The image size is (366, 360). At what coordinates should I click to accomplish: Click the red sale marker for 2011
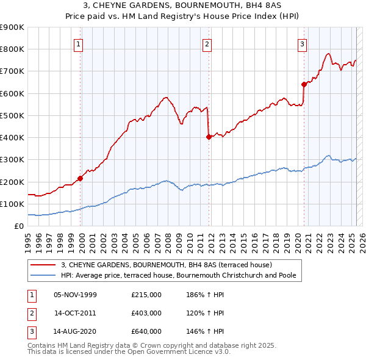(x=209, y=137)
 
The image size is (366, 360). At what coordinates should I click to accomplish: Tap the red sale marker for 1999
(x=80, y=179)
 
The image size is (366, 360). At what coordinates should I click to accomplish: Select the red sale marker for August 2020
(x=304, y=85)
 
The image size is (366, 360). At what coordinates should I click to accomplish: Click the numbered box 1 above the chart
(x=80, y=43)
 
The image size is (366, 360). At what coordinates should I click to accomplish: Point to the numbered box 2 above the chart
(x=207, y=43)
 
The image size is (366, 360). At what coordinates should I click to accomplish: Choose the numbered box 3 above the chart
(x=302, y=43)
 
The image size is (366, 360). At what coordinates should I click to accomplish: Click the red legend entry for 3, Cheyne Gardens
(x=170, y=265)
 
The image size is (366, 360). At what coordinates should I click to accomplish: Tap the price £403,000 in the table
(x=146, y=313)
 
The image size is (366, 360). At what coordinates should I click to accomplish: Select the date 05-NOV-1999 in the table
(x=76, y=295)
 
